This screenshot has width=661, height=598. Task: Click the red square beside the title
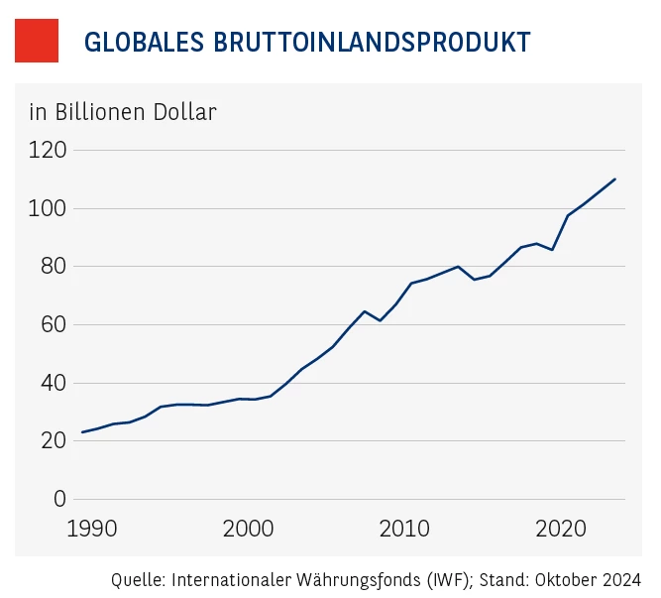point(37,41)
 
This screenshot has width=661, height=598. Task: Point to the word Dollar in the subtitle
point(184,111)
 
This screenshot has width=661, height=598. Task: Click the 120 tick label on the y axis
point(47,150)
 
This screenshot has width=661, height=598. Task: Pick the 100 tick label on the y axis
point(47,208)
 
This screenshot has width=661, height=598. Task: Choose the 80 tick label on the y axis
point(52,266)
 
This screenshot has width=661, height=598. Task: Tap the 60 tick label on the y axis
point(52,324)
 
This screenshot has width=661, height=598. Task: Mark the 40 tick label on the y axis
point(52,383)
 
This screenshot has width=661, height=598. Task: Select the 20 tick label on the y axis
point(52,440)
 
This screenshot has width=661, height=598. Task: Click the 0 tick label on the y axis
point(58,499)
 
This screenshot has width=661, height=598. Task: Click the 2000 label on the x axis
point(247,527)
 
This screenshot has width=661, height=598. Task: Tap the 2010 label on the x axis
point(404,527)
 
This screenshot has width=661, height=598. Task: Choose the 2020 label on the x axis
point(561,527)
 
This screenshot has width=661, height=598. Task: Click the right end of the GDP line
point(615,179)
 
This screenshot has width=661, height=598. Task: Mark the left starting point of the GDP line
point(82,432)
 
